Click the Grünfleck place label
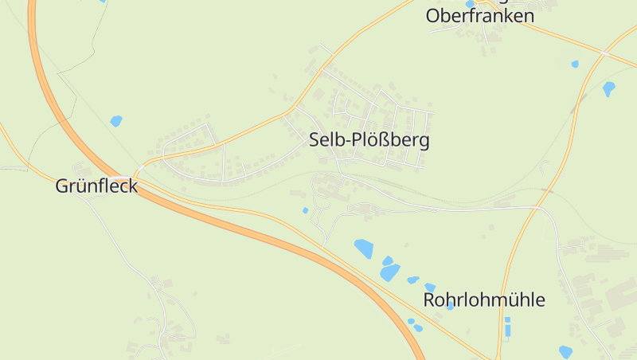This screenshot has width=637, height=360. pos(96,186)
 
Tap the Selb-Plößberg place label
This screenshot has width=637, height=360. pos(369,141)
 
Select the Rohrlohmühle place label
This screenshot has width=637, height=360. pos(484,300)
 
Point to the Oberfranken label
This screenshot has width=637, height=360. pos(479,16)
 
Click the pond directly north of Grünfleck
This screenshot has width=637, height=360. pos(116,121)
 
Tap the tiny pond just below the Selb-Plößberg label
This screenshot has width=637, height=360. pos(305,210)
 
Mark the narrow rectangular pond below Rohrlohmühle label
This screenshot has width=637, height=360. pos(507,327)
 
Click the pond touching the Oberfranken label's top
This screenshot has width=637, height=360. pos(470,4)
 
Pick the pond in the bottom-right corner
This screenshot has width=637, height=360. pos(565,351)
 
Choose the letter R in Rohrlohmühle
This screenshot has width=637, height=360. pos(429,300)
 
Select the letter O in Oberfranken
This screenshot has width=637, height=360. pos(433,16)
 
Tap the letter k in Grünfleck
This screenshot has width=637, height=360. pos(132,186)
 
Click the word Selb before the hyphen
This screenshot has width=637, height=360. pos(324,141)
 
